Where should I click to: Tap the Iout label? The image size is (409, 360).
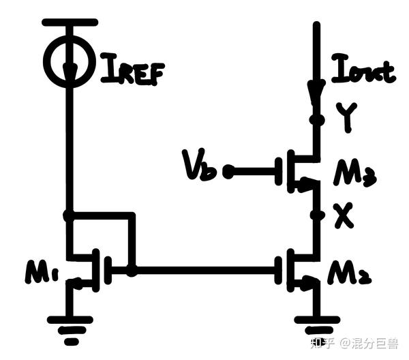pos(363,71)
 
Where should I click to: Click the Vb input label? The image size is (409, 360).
pos(199,168)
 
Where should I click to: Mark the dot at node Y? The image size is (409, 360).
pos(315,120)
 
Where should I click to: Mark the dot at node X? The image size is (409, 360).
pos(315,215)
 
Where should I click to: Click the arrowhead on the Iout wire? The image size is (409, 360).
pos(315,90)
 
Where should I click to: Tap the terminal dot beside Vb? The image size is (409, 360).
pos(228,172)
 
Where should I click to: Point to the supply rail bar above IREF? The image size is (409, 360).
pos(69,22)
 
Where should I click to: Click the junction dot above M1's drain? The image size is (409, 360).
pos(69,216)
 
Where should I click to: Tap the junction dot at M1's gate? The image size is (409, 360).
pos(132,271)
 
